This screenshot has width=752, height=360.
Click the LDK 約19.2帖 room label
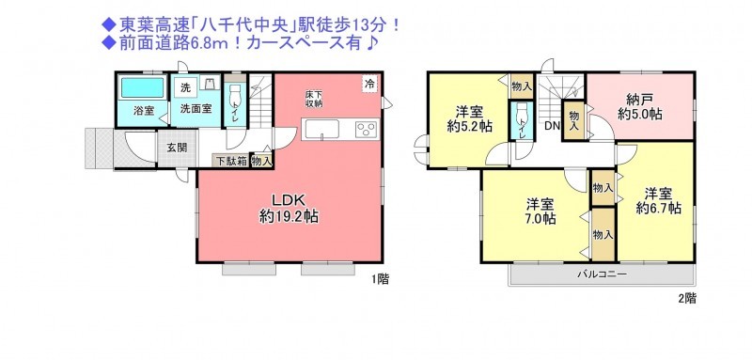289,208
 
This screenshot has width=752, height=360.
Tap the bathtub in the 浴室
143,87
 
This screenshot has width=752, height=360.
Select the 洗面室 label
196,108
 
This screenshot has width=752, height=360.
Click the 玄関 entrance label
177,148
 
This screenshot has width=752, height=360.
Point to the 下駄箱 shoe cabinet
230,162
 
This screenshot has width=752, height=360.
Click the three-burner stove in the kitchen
367,130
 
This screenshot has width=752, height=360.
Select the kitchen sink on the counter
321,130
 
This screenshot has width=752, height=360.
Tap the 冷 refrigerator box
369,84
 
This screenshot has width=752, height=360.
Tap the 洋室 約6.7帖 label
657,201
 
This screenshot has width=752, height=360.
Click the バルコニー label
602,274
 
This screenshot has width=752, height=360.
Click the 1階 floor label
380,280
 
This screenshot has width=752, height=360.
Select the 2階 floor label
687,298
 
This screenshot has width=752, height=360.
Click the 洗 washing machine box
185,87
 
